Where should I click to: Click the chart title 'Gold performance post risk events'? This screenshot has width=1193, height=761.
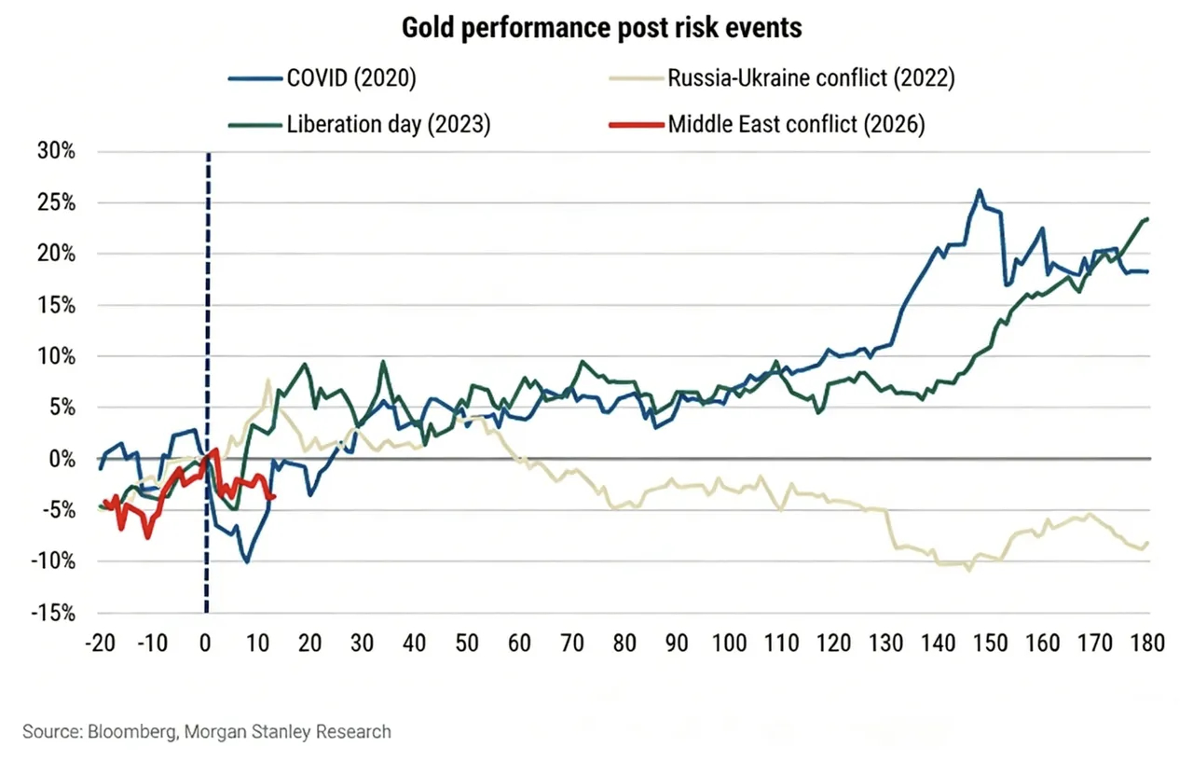tap(601, 28)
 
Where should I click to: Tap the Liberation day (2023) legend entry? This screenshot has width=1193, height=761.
tap(388, 124)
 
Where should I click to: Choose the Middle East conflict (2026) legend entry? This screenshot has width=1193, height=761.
tap(796, 124)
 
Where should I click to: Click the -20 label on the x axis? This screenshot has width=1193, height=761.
tap(99, 643)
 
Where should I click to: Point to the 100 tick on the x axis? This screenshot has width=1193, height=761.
tap(729, 643)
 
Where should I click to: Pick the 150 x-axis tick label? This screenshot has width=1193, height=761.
tap(990, 643)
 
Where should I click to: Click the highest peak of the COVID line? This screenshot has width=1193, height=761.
tap(980, 190)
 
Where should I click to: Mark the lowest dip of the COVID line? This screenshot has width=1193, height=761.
tap(247, 561)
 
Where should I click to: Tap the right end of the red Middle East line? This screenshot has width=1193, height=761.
tap(272, 497)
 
